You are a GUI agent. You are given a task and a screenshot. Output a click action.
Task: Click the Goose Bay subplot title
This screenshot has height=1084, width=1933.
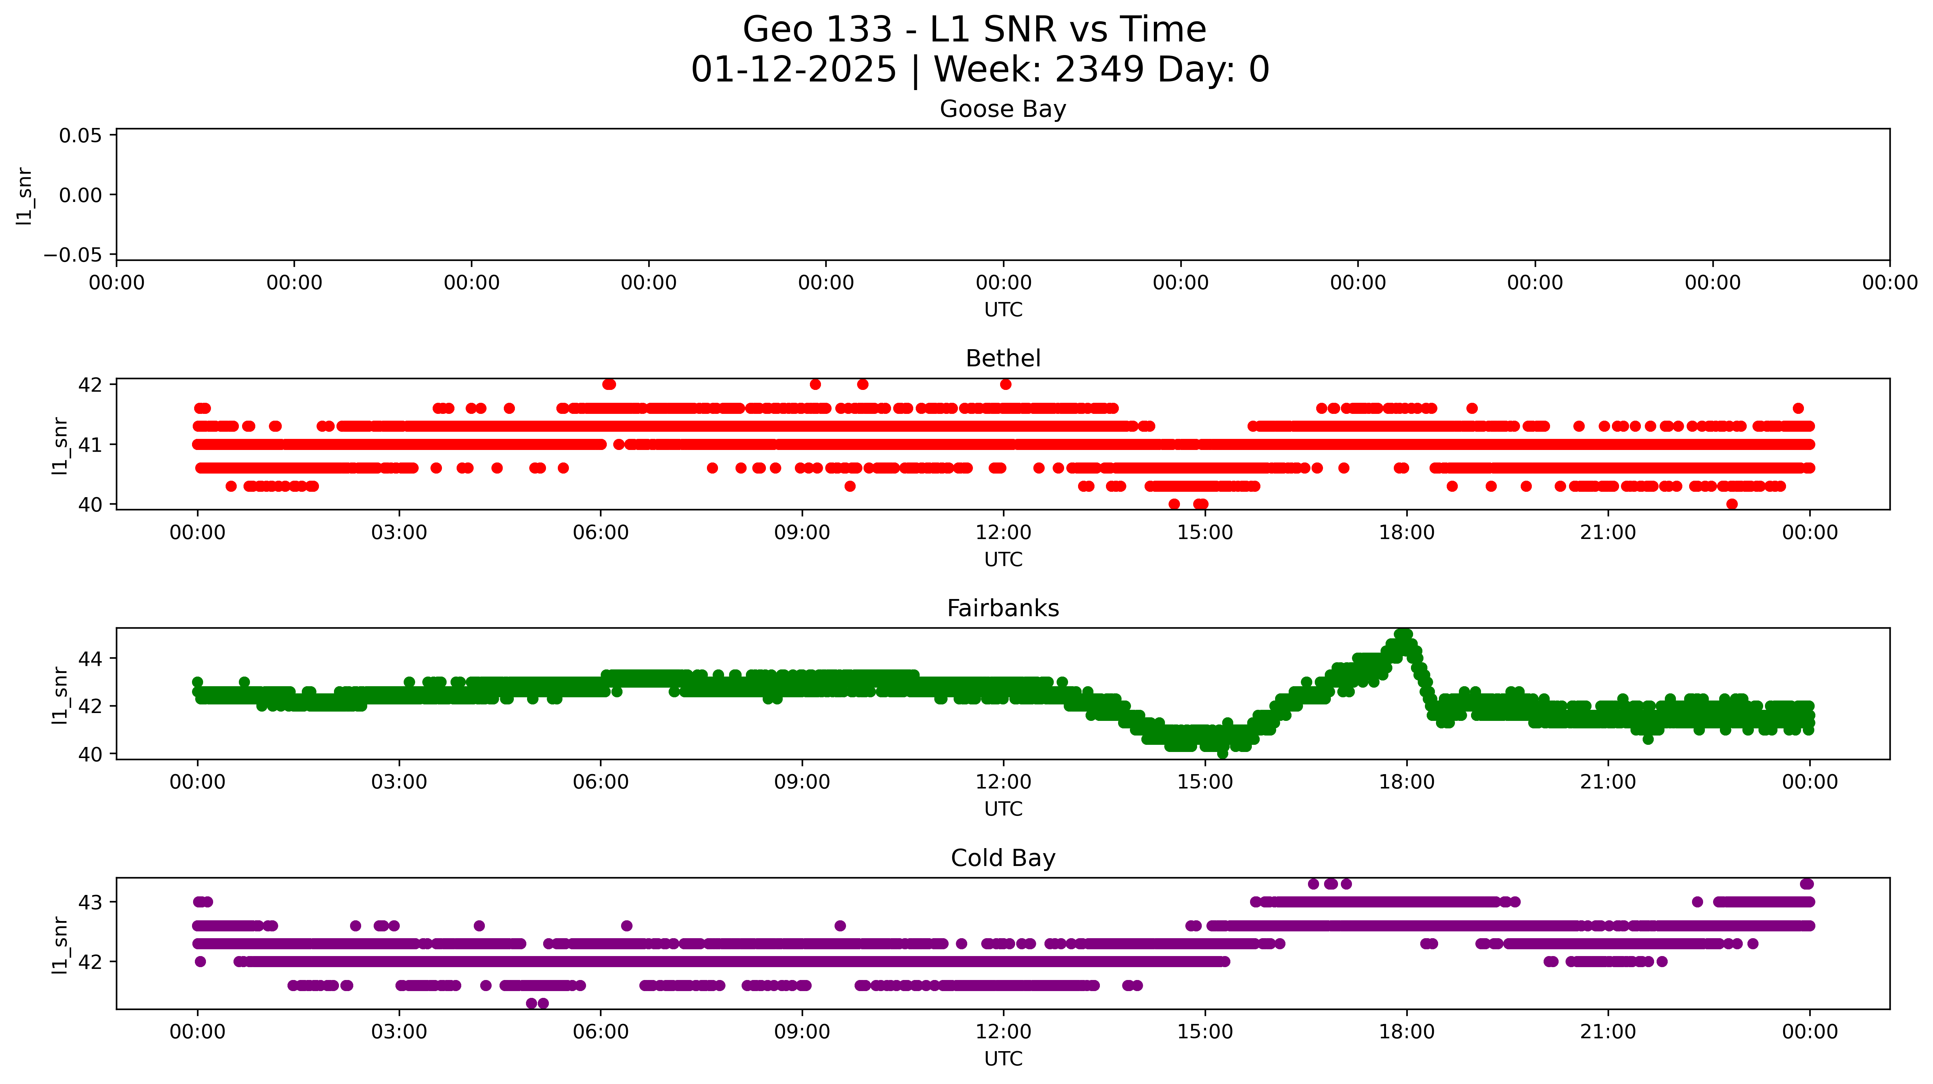pos(1003,109)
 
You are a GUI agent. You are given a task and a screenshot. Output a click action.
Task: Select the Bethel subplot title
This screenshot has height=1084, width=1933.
pos(1003,358)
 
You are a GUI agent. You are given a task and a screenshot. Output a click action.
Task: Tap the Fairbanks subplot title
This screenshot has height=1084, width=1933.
pos(1003,608)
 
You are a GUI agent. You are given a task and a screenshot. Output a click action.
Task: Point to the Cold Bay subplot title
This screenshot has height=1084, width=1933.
pos(1003,858)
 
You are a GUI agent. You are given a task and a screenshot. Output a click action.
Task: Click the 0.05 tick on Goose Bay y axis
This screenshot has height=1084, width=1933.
pos(80,136)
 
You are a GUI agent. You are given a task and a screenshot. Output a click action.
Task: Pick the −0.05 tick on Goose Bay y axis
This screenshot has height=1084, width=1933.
pos(73,255)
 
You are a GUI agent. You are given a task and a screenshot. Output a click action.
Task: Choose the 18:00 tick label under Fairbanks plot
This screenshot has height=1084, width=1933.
pos(1406,782)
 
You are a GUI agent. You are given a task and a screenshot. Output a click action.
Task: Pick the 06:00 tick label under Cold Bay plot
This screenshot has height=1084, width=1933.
pos(600,1032)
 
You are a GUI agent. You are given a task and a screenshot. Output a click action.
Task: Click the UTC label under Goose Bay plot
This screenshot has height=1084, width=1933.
pos(1003,310)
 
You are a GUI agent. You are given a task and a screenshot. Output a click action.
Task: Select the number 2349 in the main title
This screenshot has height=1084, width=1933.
pos(1099,70)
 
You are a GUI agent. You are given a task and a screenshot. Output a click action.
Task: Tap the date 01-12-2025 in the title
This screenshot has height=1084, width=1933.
pos(793,70)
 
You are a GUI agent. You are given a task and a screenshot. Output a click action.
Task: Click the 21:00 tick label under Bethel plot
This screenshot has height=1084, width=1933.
pos(1607,533)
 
